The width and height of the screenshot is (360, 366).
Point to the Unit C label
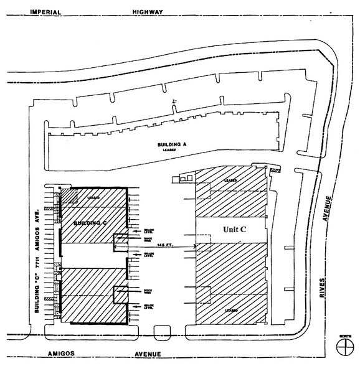coord(235,229)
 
